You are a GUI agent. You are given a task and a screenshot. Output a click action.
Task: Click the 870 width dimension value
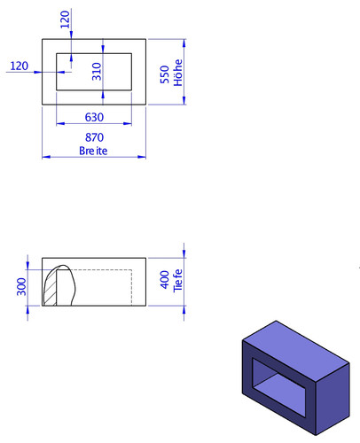click(x=94, y=137)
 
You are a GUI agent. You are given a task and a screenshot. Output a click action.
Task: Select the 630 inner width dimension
click(x=94, y=118)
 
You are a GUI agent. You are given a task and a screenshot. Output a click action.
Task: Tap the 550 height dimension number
click(x=165, y=74)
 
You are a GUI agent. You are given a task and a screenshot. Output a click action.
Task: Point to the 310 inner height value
click(x=97, y=72)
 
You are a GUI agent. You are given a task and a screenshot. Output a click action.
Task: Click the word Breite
click(x=93, y=151)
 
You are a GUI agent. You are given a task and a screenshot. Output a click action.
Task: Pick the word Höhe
click(x=178, y=73)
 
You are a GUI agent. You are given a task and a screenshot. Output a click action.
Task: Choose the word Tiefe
click(x=177, y=281)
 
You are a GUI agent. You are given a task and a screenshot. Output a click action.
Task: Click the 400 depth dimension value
click(x=165, y=280)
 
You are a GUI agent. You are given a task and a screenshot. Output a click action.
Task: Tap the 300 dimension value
click(x=21, y=287)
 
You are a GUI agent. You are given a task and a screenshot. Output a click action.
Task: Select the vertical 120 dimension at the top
click(x=65, y=19)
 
